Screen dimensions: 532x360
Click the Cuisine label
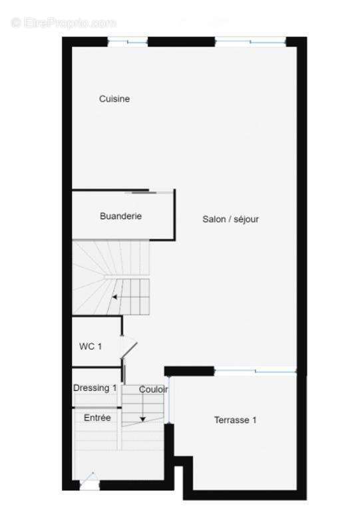tap(114, 99)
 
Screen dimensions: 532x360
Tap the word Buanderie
tap(120, 216)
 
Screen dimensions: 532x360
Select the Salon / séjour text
tap(231, 219)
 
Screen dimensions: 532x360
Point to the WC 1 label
tap(90, 346)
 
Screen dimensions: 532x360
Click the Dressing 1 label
tap(95, 388)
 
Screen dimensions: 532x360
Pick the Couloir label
tap(153, 390)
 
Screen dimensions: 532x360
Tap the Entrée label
tap(97, 418)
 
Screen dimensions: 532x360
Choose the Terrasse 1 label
tap(235, 420)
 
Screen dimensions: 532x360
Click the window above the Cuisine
tap(128, 42)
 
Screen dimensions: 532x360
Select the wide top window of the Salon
tap(250, 42)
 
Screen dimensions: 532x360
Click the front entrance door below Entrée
tap(89, 482)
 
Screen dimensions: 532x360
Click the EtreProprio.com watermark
tap(63, 23)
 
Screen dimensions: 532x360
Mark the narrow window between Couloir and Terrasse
tap(168, 400)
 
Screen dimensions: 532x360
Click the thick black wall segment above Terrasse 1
tap(189, 370)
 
